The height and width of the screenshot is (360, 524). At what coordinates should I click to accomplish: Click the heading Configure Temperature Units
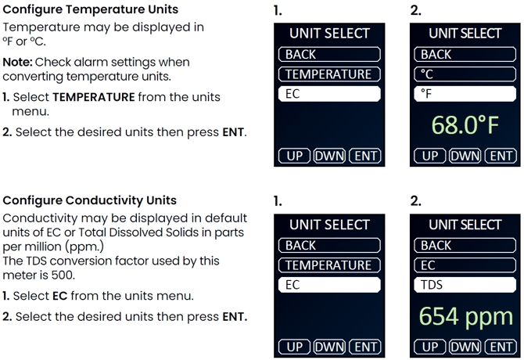pyautogui.click(x=90, y=9)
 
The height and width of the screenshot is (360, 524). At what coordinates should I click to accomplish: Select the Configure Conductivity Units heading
pyautogui.click(x=90, y=200)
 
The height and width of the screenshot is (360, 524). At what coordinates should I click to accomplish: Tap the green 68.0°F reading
pyautogui.click(x=465, y=125)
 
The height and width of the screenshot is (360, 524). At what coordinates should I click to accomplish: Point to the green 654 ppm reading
pyautogui.click(x=465, y=316)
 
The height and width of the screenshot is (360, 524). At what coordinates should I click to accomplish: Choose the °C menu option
pyautogui.click(x=465, y=74)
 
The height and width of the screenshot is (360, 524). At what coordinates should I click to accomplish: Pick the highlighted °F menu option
pyautogui.click(x=465, y=94)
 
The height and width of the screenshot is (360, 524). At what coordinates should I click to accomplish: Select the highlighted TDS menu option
pyautogui.click(x=465, y=285)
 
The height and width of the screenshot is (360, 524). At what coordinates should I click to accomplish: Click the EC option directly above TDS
pyautogui.click(x=465, y=265)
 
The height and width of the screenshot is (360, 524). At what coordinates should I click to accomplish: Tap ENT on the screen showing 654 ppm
pyautogui.click(x=501, y=347)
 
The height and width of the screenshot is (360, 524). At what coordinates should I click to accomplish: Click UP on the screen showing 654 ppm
pyautogui.click(x=430, y=347)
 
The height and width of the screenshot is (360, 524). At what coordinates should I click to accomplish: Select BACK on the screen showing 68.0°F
pyautogui.click(x=465, y=55)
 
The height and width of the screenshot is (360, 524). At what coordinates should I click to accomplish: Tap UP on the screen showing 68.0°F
pyautogui.click(x=430, y=156)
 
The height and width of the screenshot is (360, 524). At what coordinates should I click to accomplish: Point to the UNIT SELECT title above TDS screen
pyautogui.click(x=465, y=225)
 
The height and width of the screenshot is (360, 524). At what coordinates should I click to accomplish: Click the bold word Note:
pyautogui.click(x=17, y=62)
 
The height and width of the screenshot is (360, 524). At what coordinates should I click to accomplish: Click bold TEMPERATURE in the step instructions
pyautogui.click(x=94, y=97)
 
